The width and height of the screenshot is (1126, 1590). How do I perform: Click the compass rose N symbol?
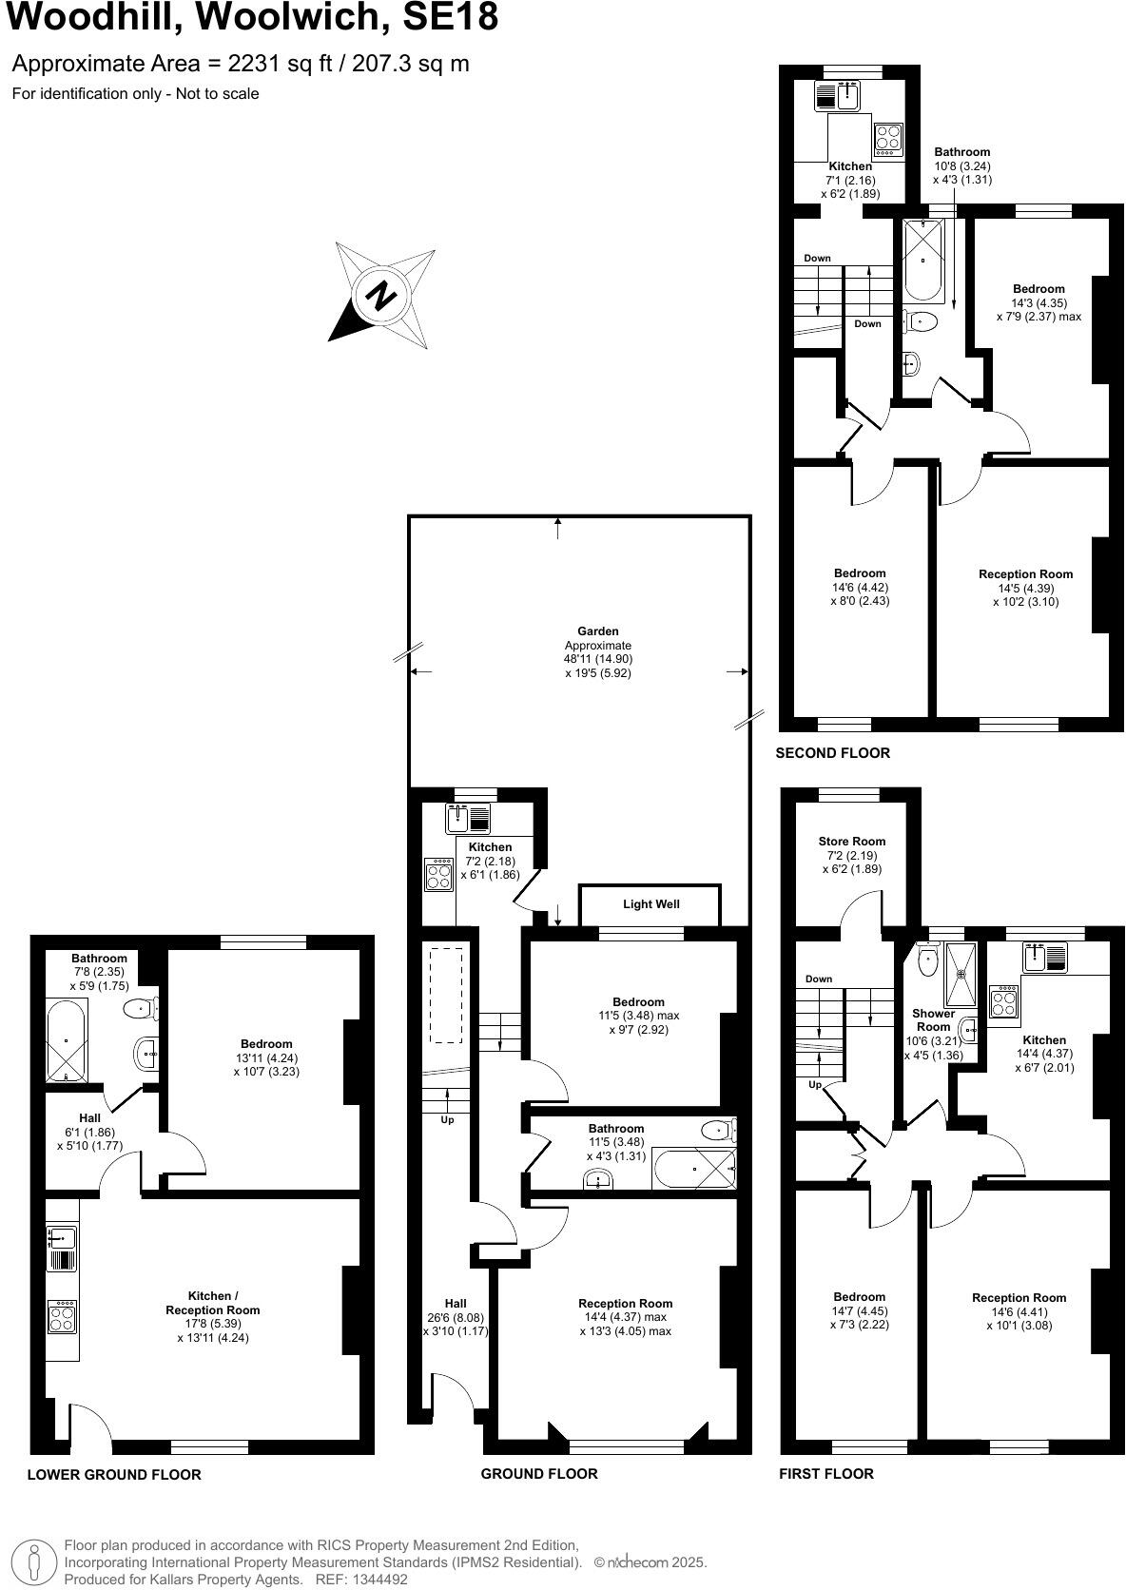(381, 295)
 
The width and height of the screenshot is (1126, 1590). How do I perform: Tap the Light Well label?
(651, 904)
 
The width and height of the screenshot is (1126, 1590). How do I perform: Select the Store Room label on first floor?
(851, 842)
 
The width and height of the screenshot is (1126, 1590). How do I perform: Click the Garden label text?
(597, 631)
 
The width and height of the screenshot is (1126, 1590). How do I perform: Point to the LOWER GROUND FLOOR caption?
(114, 1475)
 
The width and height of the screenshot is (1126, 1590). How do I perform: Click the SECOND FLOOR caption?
(833, 753)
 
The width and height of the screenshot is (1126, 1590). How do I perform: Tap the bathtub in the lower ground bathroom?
(66, 1040)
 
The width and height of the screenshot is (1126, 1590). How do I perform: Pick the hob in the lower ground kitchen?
(63, 1317)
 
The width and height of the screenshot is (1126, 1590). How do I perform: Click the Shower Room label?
(933, 1020)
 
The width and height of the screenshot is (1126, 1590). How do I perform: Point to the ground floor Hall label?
(456, 1304)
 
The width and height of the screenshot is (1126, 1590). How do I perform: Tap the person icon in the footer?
(34, 1561)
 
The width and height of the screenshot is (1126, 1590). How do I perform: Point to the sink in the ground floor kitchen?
(458, 816)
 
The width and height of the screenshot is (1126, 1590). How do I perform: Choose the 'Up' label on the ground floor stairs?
(447, 1120)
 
